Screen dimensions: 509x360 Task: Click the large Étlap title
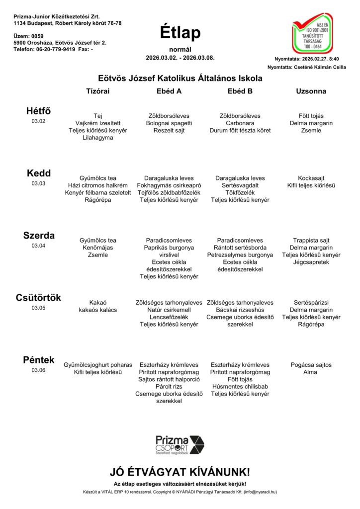tap(180, 33)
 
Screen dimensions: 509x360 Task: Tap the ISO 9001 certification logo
tap(312, 34)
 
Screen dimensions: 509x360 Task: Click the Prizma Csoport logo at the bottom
tap(180, 444)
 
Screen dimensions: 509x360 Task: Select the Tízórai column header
tap(98, 91)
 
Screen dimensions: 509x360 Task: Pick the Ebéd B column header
tap(240, 91)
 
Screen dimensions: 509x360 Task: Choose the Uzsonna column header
tap(311, 91)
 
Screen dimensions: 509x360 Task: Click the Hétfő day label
tap(38, 111)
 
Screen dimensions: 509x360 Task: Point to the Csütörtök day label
tap(38, 298)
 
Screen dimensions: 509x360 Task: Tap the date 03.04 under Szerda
tap(38, 246)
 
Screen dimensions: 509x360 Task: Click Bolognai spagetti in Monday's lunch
tap(169, 123)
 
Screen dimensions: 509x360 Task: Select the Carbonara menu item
tap(240, 123)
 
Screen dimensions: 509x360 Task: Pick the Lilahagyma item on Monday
tap(98, 138)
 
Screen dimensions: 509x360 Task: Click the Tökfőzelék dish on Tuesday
tap(240, 192)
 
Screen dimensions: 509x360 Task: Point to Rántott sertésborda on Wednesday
tap(240, 248)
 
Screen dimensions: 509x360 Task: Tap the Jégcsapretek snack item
tap(311, 262)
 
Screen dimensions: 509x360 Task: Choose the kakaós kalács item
tap(98, 310)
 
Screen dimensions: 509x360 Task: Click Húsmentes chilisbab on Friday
tap(240, 386)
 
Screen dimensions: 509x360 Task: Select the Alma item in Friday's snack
tap(311, 372)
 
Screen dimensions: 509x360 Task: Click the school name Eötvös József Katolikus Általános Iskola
tap(180, 79)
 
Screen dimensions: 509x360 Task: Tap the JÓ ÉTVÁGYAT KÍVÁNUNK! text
tap(180, 472)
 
